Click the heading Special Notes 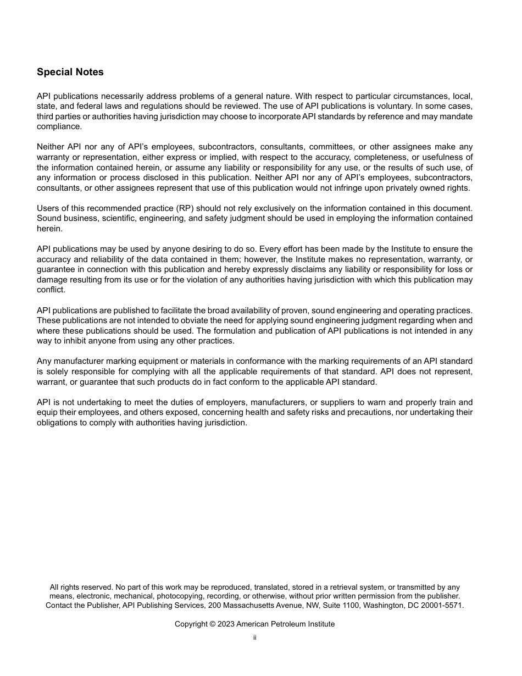[70, 72]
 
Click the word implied [219, 157]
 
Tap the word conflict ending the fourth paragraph [51, 290]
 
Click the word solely [52, 372]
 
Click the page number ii [255, 638]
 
